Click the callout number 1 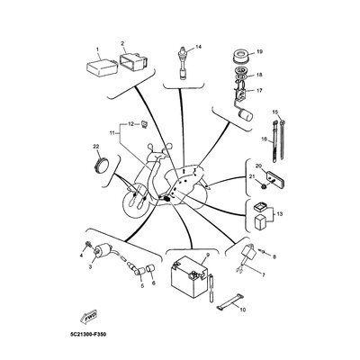[x=97, y=49]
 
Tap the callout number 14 [x=198, y=47]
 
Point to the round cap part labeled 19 [x=241, y=57]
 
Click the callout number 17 [x=259, y=90]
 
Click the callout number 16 [x=264, y=139]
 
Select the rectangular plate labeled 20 [x=274, y=178]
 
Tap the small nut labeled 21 [x=264, y=186]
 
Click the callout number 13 [x=280, y=214]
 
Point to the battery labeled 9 [x=189, y=276]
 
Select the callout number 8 [x=274, y=256]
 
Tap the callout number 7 [x=264, y=274]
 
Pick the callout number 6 [x=154, y=283]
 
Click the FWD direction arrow [x=89, y=317]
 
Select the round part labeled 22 [x=101, y=165]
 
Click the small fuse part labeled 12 [x=144, y=123]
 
